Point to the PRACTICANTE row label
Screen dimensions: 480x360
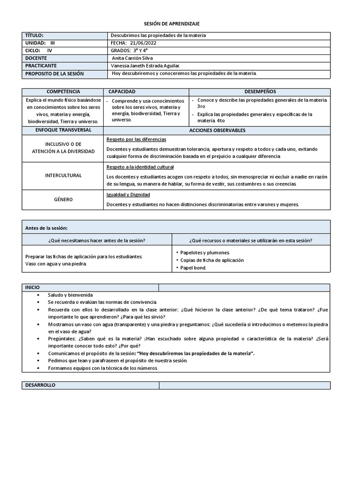tap(41, 66)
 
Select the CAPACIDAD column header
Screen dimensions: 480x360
tap(122, 91)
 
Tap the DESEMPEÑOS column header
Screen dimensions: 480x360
tap(260, 91)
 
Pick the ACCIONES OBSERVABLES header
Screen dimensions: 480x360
tap(217, 130)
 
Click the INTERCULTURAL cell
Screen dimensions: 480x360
tap(63, 175)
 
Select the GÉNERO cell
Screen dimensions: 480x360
tap(63, 200)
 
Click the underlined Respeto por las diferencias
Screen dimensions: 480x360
tap(136, 140)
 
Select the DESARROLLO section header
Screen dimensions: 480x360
tap(39, 385)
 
